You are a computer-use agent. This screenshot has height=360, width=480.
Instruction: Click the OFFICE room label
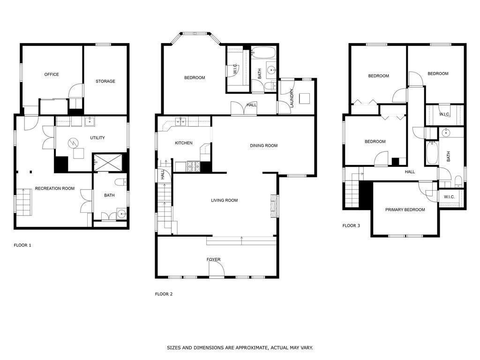(52, 75)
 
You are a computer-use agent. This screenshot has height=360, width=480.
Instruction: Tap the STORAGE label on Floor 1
(105, 82)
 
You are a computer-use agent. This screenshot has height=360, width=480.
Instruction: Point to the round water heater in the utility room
(73, 142)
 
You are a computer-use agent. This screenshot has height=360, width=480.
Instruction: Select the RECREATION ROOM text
(55, 188)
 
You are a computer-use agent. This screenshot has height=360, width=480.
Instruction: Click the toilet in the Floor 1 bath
(119, 182)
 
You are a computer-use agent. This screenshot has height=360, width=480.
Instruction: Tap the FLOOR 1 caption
(22, 245)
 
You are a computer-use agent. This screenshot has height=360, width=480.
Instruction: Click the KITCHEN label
(184, 143)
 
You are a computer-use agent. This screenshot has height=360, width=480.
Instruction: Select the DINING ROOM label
(263, 146)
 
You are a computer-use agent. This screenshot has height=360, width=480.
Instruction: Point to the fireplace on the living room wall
(273, 206)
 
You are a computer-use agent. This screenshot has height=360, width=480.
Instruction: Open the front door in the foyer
(217, 269)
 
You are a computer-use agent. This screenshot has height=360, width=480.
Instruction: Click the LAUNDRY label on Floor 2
(292, 98)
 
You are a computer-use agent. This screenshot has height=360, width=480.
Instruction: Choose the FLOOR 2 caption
(164, 294)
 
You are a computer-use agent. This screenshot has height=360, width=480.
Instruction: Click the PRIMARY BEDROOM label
(405, 210)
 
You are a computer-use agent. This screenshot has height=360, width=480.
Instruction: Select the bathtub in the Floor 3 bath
(432, 153)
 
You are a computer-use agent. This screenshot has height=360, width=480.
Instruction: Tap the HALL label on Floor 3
(410, 172)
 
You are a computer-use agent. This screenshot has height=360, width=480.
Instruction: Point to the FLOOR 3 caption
(351, 226)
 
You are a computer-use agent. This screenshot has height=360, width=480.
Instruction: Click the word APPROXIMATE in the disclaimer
(256, 348)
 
